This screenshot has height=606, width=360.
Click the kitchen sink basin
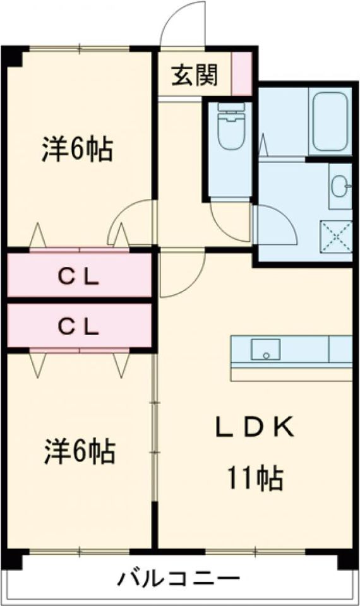[x=266, y=349]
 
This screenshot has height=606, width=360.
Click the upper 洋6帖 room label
[x=77, y=149]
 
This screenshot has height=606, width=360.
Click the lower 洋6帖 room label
[x=79, y=451]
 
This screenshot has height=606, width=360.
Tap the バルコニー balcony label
[x=179, y=579]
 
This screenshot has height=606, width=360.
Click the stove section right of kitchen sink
[x=340, y=349]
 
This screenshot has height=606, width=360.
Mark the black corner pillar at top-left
[x=14, y=57]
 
